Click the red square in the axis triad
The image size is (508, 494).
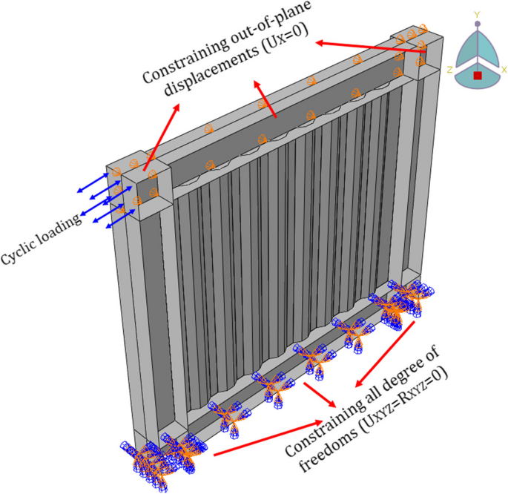pyautogui.click(x=478, y=74)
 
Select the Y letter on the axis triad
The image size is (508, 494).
pyautogui.click(x=478, y=15)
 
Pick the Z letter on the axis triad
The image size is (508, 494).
pyautogui.click(x=450, y=68)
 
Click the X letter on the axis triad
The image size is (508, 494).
pyautogui.click(x=504, y=68)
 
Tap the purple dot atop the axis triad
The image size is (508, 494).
pyautogui.click(x=478, y=24)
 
